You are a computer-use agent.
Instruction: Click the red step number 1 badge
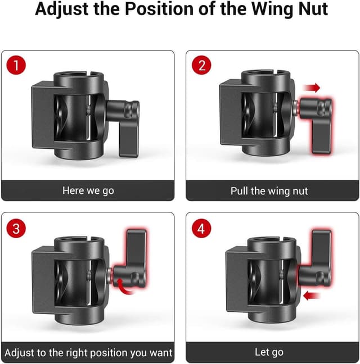coord(16,65)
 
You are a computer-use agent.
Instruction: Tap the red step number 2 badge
coord(201,65)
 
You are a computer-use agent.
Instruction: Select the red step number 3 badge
coord(16,228)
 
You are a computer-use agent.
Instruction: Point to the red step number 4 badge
coord(201,228)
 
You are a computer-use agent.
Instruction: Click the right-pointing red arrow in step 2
coord(312,88)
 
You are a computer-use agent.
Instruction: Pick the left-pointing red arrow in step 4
coord(312,295)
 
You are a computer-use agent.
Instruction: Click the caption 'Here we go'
coord(88,191)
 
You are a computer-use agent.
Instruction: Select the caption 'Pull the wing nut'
coord(269,191)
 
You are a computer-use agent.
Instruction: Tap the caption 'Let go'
coord(269,352)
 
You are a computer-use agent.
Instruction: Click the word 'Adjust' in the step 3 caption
coord(20,353)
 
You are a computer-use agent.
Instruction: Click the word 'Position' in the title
coord(159,9)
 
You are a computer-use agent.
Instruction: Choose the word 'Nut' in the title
coord(313,9)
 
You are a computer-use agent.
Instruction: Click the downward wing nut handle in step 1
coord(128,139)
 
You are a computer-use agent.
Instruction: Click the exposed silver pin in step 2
coord(295,108)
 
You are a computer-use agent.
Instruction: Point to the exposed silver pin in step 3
coord(110,274)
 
